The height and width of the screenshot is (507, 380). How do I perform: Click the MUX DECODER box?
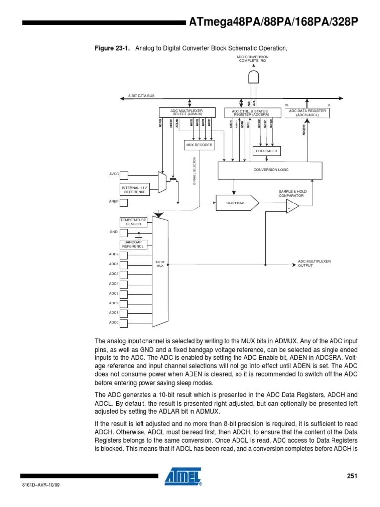(199, 145)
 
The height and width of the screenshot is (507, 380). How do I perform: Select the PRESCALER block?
(266, 151)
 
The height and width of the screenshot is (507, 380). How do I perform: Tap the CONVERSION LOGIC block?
(271, 170)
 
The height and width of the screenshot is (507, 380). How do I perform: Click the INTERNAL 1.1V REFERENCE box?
(135, 190)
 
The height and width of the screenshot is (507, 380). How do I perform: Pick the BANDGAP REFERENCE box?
(133, 244)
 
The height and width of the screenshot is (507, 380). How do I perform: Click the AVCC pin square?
(124, 175)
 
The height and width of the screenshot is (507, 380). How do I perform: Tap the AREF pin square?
(124, 203)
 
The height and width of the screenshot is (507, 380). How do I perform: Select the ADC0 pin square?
(124, 322)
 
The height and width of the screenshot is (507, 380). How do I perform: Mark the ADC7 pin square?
(124, 254)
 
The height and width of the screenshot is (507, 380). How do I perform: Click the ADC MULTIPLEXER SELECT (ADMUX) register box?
(187, 112)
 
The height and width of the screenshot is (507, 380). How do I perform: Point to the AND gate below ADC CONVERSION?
(253, 77)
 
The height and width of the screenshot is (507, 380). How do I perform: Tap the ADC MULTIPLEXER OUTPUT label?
(314, 263)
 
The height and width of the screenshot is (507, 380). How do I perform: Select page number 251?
(351, 476)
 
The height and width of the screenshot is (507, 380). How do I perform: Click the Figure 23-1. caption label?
(112, 48)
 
